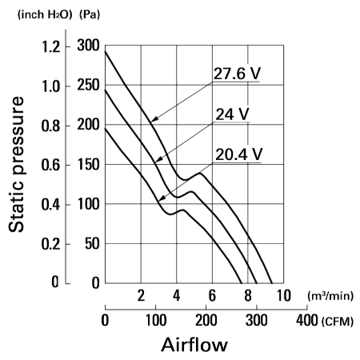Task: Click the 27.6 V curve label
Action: click(x=237, y=74)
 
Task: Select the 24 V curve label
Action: click(x=232, y=114)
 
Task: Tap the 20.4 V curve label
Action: click(x=238, y=154)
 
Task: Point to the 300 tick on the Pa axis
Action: click(x=88, y=46)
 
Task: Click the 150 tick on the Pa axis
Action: click(x=88, y=164)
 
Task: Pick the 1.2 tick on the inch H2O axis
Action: click(x=51, y=47)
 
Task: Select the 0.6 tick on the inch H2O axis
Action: click(x=51, y=165)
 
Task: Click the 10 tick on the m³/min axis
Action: click(x=283, y=295)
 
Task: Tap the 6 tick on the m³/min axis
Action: click(x=212, y=295)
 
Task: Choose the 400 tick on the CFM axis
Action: click(x=307, y=320)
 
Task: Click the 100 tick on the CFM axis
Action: click(x=156, y=320)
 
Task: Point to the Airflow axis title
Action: click(x=194, y=345)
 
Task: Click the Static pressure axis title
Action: click(x=16, y=164)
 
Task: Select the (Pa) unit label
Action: click(x=90, y=14)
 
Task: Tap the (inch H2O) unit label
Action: click(x=45, y=14)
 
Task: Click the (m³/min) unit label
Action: click(x=330, y=296)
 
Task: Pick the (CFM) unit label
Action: click(x=338, y=321)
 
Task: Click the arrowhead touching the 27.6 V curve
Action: click(x=154, y=119)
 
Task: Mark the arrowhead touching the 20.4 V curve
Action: click(x=161, y=198)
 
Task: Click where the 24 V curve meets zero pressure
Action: click(x=257, y=283)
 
